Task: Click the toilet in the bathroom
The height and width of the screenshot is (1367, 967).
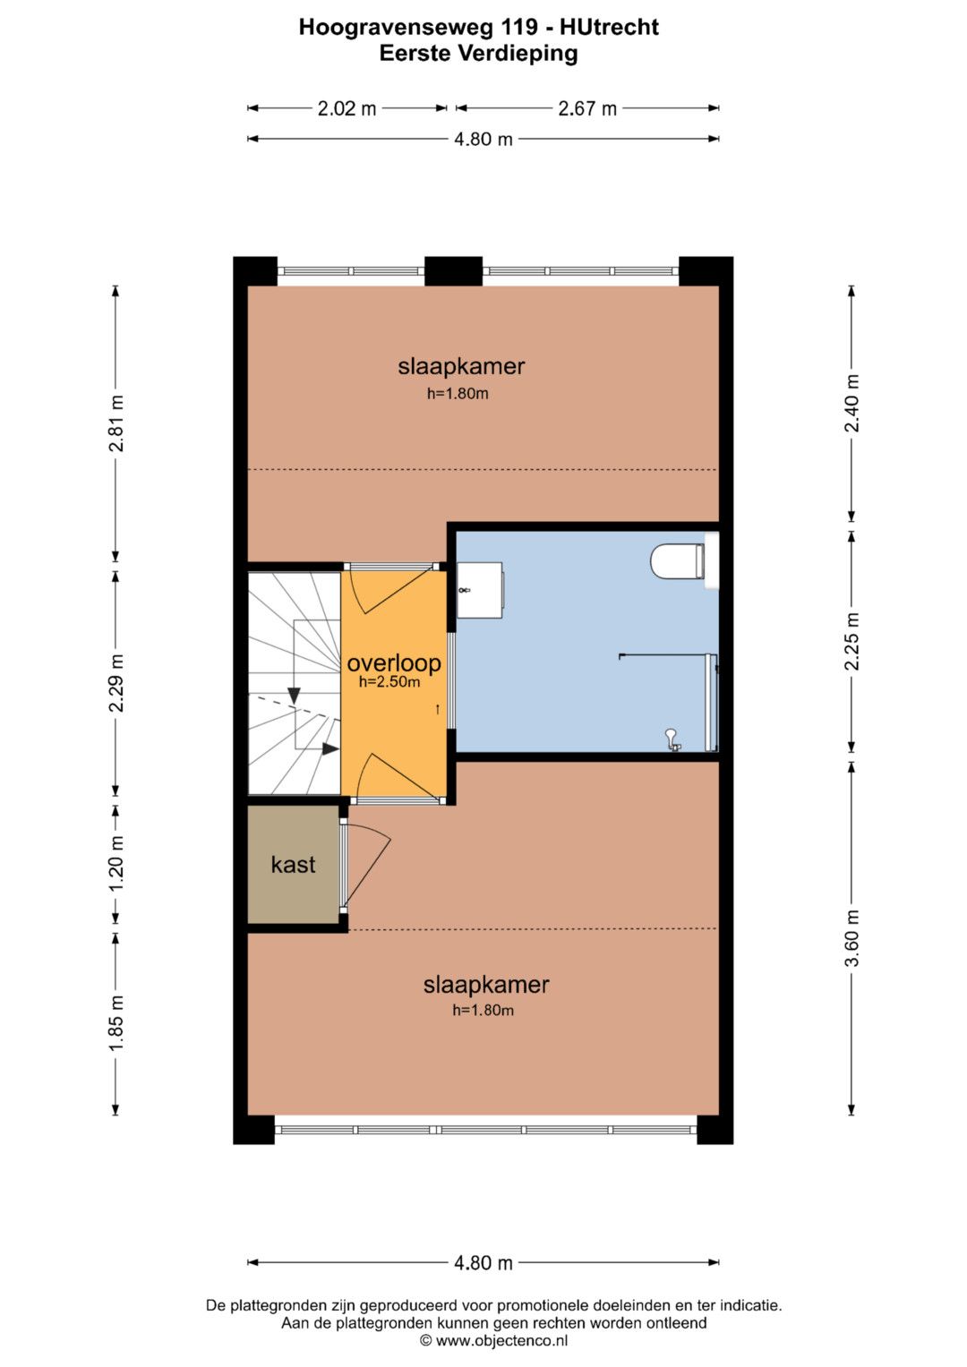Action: click(678, 561)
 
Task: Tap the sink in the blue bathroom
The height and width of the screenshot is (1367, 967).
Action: click(480, 590)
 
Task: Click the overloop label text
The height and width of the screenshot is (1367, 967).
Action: click(394, 663)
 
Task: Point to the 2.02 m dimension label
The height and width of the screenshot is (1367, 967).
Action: click(347, 108)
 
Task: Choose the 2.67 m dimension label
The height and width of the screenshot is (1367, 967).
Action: click(587, 108)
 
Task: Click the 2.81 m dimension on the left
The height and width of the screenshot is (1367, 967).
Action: click(116, 423)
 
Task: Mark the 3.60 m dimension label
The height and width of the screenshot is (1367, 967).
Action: click(852, 938)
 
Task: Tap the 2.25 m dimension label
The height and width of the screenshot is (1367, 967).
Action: click(852, 641)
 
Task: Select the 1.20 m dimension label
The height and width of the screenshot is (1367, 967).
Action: click(116, 864)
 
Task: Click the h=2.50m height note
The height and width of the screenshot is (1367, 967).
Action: click(389, 682)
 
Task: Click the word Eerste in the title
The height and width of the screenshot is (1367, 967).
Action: click(415, 54)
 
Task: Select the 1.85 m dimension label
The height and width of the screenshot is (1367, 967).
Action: click(116, 1023)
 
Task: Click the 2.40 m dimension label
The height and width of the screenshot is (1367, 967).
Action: click(852, 404)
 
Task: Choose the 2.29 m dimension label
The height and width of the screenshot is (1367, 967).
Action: click(116, 684)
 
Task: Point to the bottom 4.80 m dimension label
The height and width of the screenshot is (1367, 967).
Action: click(483, 1262)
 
